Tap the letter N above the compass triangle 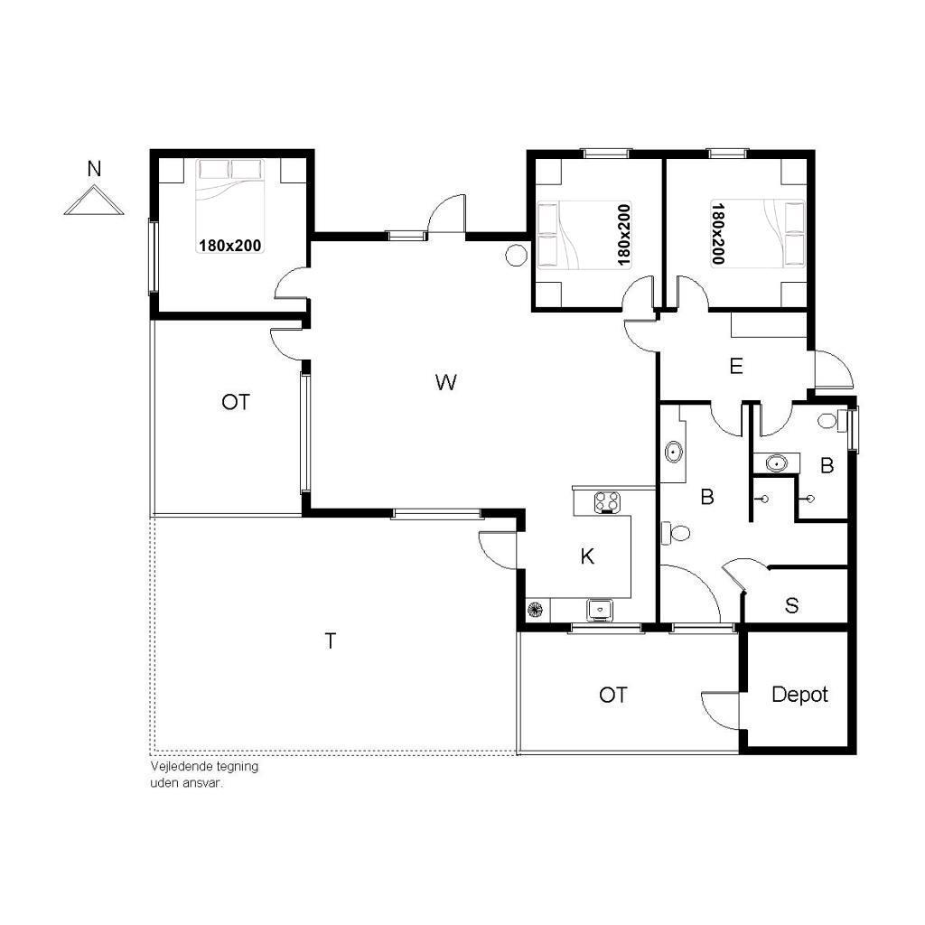pyautogui.click(x=94, y=169)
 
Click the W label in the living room pyautogui.click(x=446, y=382)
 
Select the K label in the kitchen pyautogui.click(x=587, y=556)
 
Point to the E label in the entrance pyautogui.click(x=735, y=367)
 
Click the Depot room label pyautogui.click(x=799, y=695)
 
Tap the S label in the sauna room pyautogui.click(x=791, y=605)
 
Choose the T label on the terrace pyautogui.click(x=331, y=640)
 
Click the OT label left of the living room pyautogui.click(x=236, y=402)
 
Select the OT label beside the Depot pyautogui.click(x=613, y=695)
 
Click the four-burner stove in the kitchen pyautogui.click(x=607, y=502)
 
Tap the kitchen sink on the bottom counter pyautogui.click(x=600, y=609)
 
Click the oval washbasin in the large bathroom pyautogui.click(x=673, y=453)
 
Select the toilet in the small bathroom pyautogui.click(x=827, y=421)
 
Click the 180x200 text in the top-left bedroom pyautogui.click(x=230, y=246)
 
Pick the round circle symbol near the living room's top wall pyautogui.click(x=516, y=255)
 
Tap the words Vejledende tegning pyautogui.click(x=204, y=767)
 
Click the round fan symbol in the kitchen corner pyautogui.click(x=535, y=610)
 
